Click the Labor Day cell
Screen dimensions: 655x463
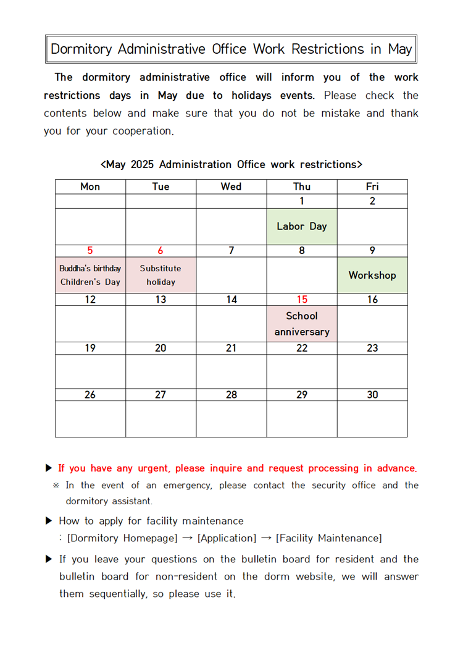pos(302,226)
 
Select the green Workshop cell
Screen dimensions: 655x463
pos(372,275)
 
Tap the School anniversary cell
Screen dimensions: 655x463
pos(302,324)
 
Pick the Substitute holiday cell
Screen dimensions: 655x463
pos(161,275)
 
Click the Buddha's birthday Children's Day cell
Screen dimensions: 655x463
pos(90,275)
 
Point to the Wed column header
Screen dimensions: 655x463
pos(231,187)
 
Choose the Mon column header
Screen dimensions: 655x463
pos(90,187)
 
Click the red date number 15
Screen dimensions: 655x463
pos(302,300)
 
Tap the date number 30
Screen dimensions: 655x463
pos(372,395)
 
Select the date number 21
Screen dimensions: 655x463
pos(231,348)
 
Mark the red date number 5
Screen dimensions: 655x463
pos(90,251)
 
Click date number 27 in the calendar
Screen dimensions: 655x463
pos(161,395)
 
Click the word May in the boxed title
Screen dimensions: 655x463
pos(400,49)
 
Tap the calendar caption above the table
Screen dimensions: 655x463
pos(231,164)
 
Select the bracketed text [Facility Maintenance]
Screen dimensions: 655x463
pos(329,538)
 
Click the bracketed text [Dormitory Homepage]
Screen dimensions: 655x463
pos(122,538)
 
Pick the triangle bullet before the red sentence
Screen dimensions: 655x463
pos(49,468)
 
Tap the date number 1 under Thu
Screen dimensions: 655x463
pos(302,201)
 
